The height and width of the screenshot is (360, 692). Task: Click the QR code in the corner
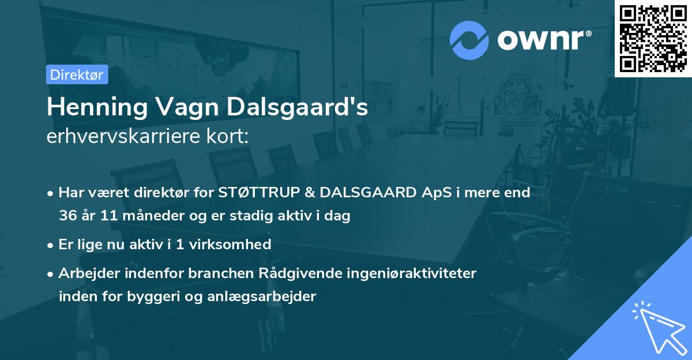click(x=653, y=39)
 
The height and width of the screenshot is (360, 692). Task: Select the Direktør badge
click(x=77, y=74)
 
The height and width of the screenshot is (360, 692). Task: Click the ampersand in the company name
click(x=304, y=193)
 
